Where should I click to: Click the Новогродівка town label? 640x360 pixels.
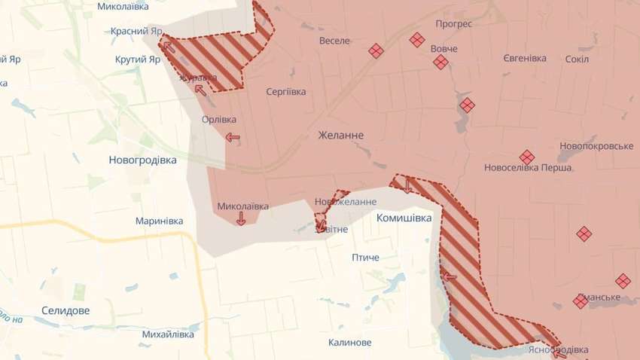[x=142, y=160]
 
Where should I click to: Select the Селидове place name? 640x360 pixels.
[x=66, y=310]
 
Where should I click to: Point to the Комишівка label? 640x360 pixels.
[x=404, y=218]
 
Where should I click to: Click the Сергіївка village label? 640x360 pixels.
[x=286, y=91]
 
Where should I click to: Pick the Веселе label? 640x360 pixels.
[x=334, y=41]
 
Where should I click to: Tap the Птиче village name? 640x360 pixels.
[x=365, y=258]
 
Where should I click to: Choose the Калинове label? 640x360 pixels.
[x=349, y=343]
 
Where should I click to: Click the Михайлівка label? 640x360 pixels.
[x=168, y=334]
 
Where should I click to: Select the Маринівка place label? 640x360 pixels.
[x=159, y=221]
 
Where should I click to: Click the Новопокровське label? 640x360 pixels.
[x=596, y=145]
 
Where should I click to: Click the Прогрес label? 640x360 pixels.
[x=453, y=24]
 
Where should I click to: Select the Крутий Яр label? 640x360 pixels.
[x=138, y=59]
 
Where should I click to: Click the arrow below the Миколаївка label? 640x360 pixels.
[x=240, y=218]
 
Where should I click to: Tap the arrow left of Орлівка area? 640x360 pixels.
[x=233, y=137]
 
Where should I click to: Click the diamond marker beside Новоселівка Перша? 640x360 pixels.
[x=527, y=157]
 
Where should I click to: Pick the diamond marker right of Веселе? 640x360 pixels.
[x=376, y=50]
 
